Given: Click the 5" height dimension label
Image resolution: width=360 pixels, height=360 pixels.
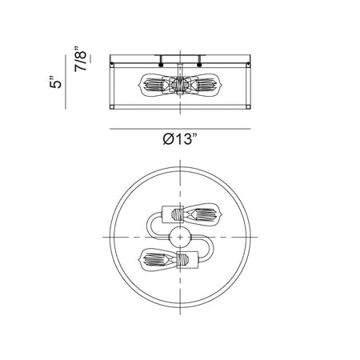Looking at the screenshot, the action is click(x=55, y=82).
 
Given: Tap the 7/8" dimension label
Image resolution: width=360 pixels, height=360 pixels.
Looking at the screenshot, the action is click(x=81, y=58).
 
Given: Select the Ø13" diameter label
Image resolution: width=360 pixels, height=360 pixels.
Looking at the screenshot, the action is click(x=180, y=139).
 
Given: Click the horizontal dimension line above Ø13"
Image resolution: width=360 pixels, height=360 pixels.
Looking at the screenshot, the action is click(x=180, y=129).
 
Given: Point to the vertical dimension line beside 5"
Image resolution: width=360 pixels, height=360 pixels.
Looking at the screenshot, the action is click(x=66, y=82).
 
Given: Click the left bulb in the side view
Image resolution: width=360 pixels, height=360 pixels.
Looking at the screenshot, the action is click(x=152, y=85).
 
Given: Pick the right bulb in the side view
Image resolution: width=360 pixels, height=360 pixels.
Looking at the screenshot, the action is click(x=208, y=85).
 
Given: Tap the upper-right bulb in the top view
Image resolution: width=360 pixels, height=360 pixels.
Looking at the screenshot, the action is click(x=202, y=215).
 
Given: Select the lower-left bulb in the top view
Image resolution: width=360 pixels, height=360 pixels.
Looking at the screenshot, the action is click(x=158, y=259).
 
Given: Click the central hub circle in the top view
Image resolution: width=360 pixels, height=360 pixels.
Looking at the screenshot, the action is click(x=180, y=237).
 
